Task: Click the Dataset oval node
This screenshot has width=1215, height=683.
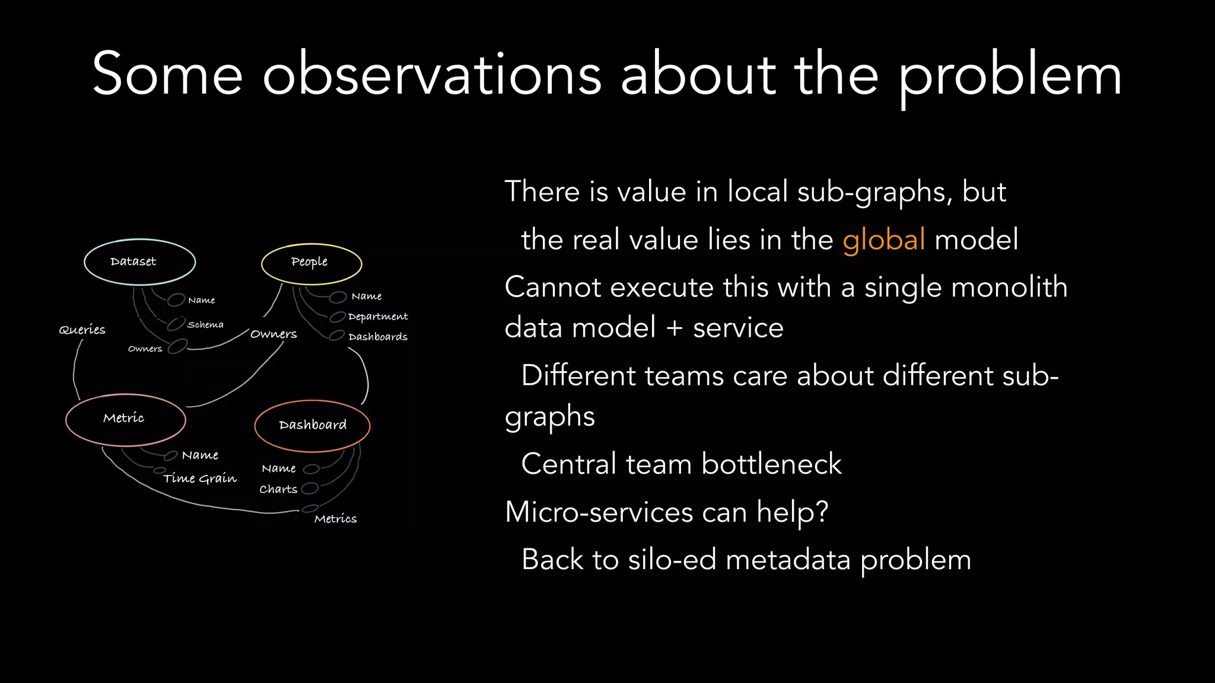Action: (x=139, y=262)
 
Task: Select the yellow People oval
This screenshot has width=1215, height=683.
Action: (x=311, y=263)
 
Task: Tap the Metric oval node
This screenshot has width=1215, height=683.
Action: (x=125, y=419)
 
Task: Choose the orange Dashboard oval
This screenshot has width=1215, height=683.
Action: (x=312, y=425)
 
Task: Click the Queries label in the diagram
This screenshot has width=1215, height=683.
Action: (x=82, y=330)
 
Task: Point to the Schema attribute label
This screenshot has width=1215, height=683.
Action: (x=205, y=325)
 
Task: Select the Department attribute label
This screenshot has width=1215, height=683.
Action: (x=378, y=317)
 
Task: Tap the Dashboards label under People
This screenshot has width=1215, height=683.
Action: (x=378, y=337)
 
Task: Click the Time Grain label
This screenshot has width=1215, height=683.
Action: (x=200, y=478)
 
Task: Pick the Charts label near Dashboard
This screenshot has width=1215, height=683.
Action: (x=278, y=489)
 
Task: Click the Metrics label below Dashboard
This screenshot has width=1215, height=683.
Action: (x=335, y=519)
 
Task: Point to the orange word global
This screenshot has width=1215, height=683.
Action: (x=883, y=240)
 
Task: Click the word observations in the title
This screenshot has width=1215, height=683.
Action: (x=432, y=75)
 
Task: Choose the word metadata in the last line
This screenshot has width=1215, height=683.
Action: (x=788, y=560)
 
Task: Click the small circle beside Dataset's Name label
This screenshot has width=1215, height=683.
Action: (x=176, y=299)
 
